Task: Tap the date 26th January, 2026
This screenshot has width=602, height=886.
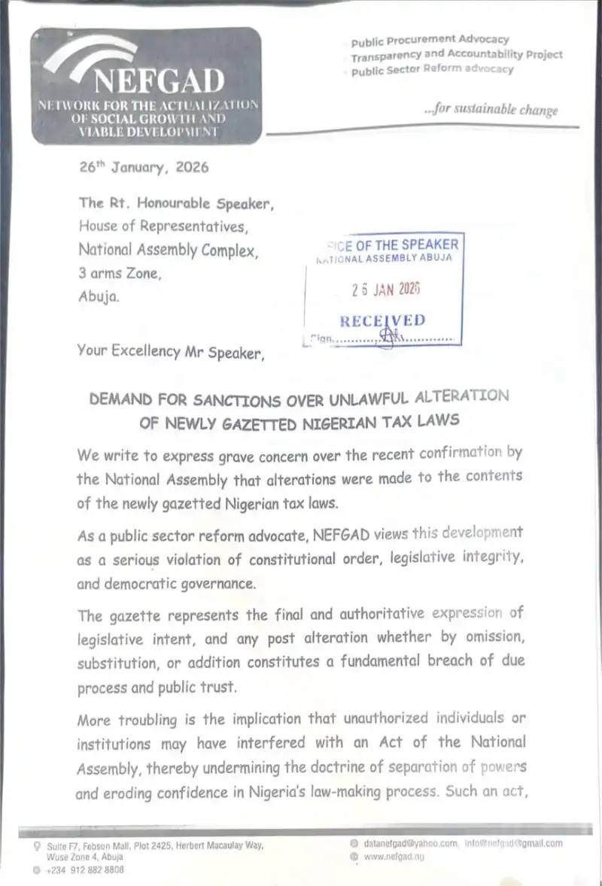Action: (x=144, y=168)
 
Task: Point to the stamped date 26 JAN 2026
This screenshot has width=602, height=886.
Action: (x=386, y=290)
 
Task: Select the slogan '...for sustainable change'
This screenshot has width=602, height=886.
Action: (x=491, y=109)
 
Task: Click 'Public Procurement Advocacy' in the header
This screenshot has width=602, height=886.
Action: (x=430, y=39)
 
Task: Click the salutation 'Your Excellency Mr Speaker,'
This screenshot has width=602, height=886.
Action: (x=170, y=350)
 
